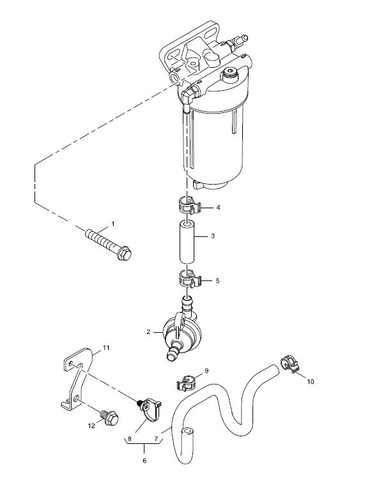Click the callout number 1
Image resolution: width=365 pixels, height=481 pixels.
(113, 224)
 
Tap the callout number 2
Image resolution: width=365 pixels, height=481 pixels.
(148, 332)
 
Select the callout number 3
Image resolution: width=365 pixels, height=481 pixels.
(213, 236)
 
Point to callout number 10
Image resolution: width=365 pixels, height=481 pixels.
(311, 381)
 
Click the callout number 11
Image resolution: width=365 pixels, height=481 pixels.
(106, 348)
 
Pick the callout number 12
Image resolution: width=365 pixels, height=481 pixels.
(91, 426)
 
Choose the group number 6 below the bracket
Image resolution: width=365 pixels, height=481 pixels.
(144, 461)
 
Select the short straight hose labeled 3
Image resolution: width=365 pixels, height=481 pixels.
(188, 241)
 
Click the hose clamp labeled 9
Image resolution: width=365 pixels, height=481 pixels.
(187, 383)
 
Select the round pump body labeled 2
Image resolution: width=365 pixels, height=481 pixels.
(182, 333)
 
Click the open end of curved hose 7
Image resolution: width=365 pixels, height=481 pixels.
(187, 432)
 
